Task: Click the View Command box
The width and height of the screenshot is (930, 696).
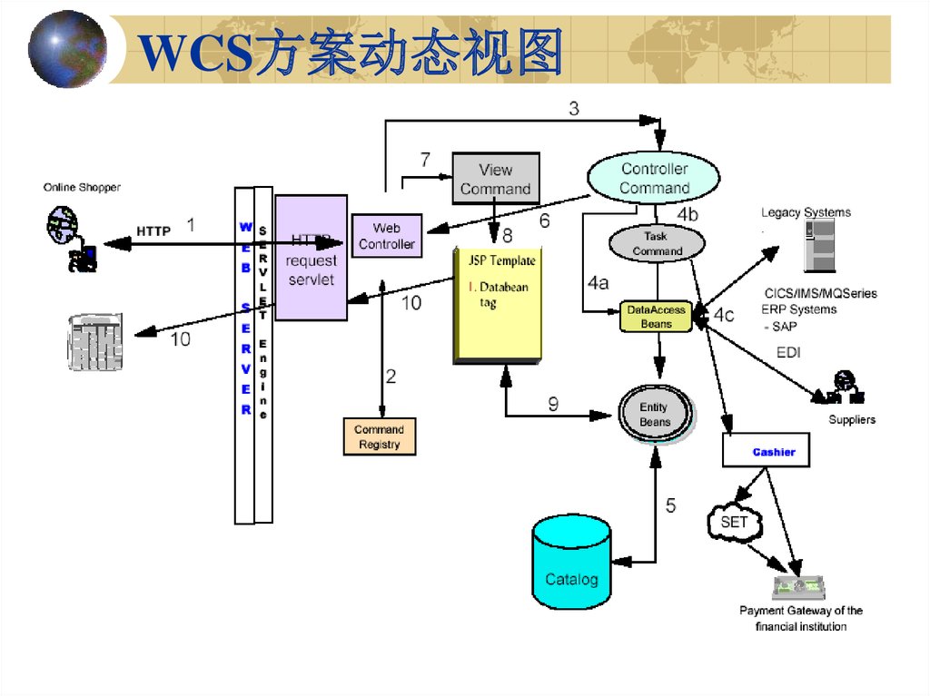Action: (x=495, y=179)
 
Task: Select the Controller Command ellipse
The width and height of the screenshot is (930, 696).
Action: (x=654, y=179)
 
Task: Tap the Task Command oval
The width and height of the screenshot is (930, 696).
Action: (x=657, y=243)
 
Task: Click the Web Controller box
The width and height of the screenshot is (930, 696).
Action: (x=386, y=236)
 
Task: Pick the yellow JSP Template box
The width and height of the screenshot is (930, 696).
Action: (x=498, y=305)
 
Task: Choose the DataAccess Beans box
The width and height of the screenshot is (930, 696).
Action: (x=656, y=317)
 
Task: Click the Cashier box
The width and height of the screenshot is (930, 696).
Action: (x=766, y=451)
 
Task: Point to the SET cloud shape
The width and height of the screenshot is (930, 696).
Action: (x=734, y=523)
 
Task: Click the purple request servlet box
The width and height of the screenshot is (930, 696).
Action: (x=311, y=258)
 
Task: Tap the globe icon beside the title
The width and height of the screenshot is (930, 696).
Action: (x=67, y=48)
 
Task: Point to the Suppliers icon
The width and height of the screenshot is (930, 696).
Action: (x=842, y=388)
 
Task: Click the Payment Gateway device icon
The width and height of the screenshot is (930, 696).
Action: (x=799, y=586)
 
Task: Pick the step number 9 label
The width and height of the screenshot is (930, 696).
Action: (x=553, y=405)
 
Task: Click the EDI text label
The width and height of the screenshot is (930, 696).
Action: (x=788, y=352)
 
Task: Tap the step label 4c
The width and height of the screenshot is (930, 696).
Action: (x=723, y=316)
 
